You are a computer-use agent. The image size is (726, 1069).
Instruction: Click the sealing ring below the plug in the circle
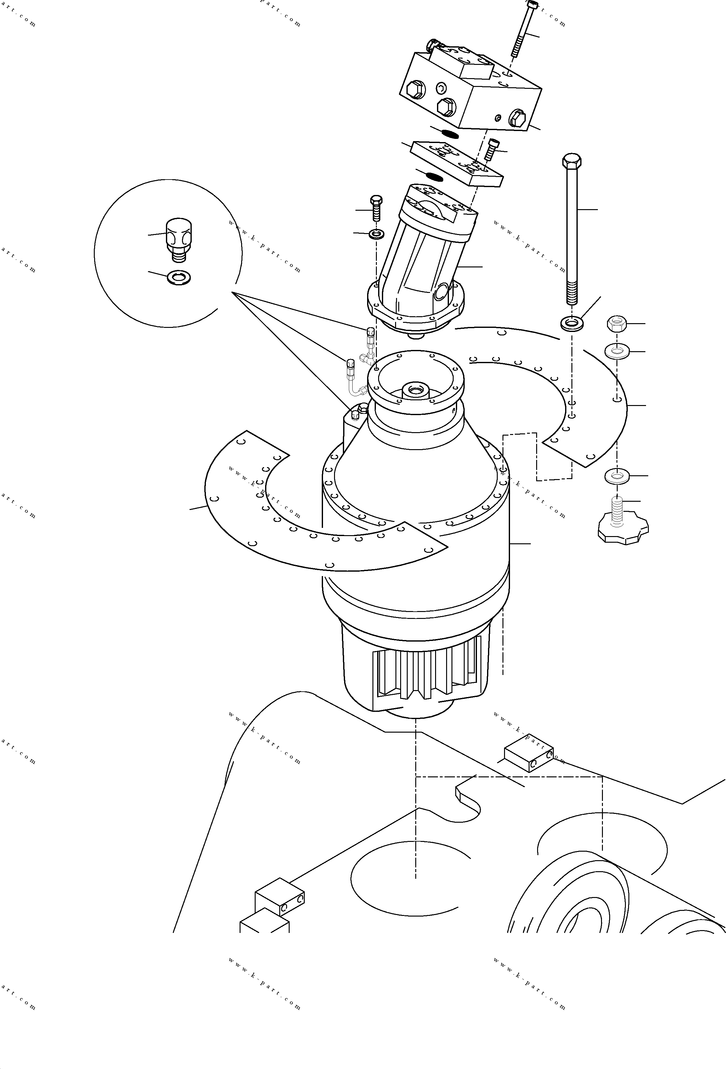point(179,277)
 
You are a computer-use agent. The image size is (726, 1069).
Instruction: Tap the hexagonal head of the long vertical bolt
point(571,161)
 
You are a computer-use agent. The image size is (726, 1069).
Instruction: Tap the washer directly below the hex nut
point(617,352)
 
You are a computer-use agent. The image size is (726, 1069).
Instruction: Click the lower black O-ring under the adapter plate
point(434,176)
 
